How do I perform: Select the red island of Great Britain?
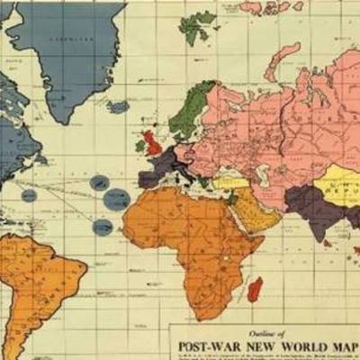point(153,142)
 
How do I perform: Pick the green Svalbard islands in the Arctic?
point(199,27)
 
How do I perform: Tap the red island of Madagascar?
point(256,288)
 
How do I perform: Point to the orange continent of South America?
point(40,279)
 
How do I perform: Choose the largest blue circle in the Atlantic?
point(116,200)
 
